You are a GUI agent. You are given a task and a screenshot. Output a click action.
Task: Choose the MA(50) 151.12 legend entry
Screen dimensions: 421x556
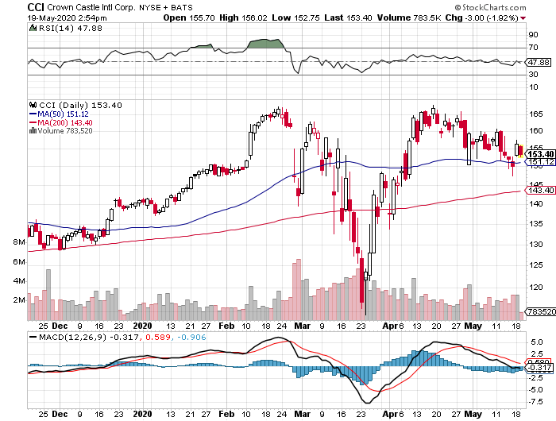point(60,113)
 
